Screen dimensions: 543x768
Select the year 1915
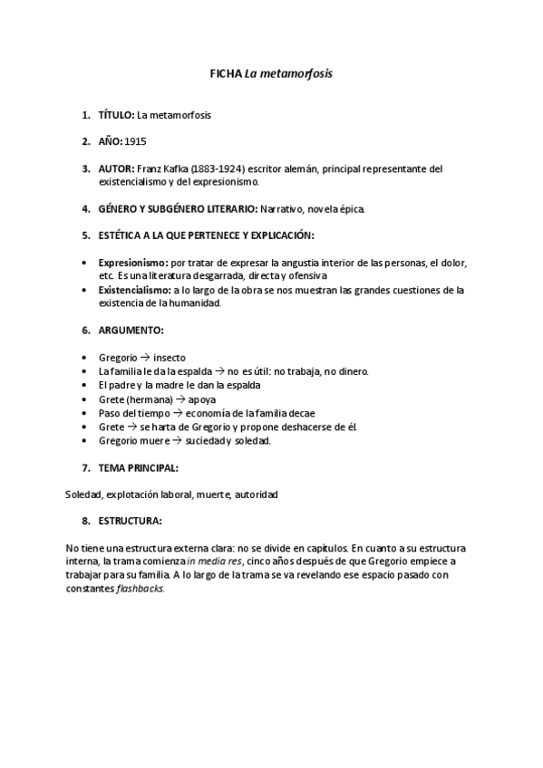tap(136, 142)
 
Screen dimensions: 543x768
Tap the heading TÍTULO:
tap(116, 115)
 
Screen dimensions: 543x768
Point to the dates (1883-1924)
tap(218, 168)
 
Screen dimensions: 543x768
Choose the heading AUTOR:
tap(116, 168)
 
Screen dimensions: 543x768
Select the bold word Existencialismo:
tap(135, 290)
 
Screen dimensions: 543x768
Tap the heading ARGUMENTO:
tap(131, 331)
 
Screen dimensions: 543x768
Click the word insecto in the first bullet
tap(170, 358)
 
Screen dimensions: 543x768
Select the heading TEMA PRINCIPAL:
tap(138, 468)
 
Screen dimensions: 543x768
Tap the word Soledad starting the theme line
tap(83, 494)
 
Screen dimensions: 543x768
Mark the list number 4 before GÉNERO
tap(85, 209)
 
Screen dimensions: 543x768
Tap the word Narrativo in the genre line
tap(283, 209)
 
